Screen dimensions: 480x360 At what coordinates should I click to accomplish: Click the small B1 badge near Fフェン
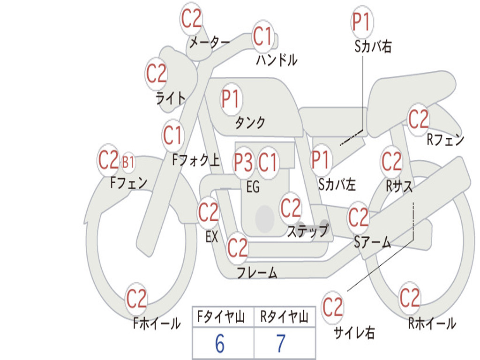tap(128, 162)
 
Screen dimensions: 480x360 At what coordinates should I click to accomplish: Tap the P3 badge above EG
tap(243, 162)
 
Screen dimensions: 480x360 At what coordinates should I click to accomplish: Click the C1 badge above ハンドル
tap(262, 36)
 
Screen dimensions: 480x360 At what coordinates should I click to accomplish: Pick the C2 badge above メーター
tap(191, 18)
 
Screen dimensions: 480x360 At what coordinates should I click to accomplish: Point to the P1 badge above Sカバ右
tap(362, 22)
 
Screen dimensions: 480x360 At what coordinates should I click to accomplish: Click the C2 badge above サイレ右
tap(332, 306)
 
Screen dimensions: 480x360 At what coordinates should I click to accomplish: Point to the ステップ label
tap(308, 231)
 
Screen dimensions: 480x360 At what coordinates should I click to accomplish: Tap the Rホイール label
tap(432, 323)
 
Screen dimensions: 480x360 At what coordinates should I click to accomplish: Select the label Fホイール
tap(157, 323)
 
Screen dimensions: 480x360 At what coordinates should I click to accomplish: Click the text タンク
tap(250, 122)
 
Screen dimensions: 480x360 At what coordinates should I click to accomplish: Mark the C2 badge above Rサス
tap(391, 161)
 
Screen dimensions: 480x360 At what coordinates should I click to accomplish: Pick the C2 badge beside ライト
tap(156, 74)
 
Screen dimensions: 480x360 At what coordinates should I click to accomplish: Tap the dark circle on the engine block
tap(265, 218)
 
